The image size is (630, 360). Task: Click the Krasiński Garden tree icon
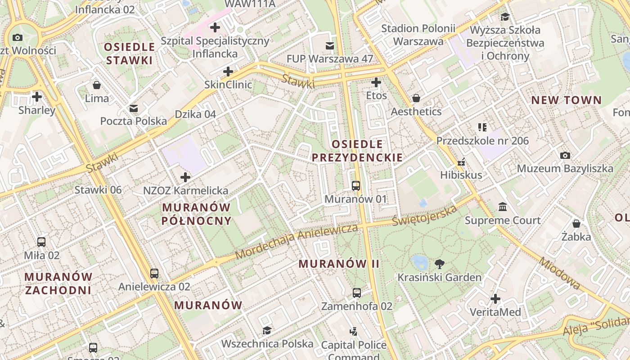440,264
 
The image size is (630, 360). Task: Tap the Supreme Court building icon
503,207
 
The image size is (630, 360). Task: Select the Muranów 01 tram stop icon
355,185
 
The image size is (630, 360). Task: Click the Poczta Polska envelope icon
134,108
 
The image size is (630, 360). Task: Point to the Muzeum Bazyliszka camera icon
565,155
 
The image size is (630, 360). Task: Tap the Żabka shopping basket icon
576,223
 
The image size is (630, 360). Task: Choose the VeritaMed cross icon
495,299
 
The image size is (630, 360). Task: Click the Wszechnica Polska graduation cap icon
267,331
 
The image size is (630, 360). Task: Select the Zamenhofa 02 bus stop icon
357,293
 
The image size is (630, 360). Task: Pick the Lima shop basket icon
97,85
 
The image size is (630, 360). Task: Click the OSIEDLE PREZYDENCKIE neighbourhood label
357,151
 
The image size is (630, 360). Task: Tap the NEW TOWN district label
567,100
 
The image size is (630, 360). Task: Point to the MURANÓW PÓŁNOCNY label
196,214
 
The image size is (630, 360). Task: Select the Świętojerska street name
424,216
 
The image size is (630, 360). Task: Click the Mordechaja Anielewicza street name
297,242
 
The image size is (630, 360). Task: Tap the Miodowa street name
559,273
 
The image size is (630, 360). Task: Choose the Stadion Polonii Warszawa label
418,35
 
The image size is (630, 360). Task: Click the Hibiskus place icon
461,162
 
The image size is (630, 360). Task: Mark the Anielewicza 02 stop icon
154,273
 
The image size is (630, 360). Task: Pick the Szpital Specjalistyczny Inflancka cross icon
215,27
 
